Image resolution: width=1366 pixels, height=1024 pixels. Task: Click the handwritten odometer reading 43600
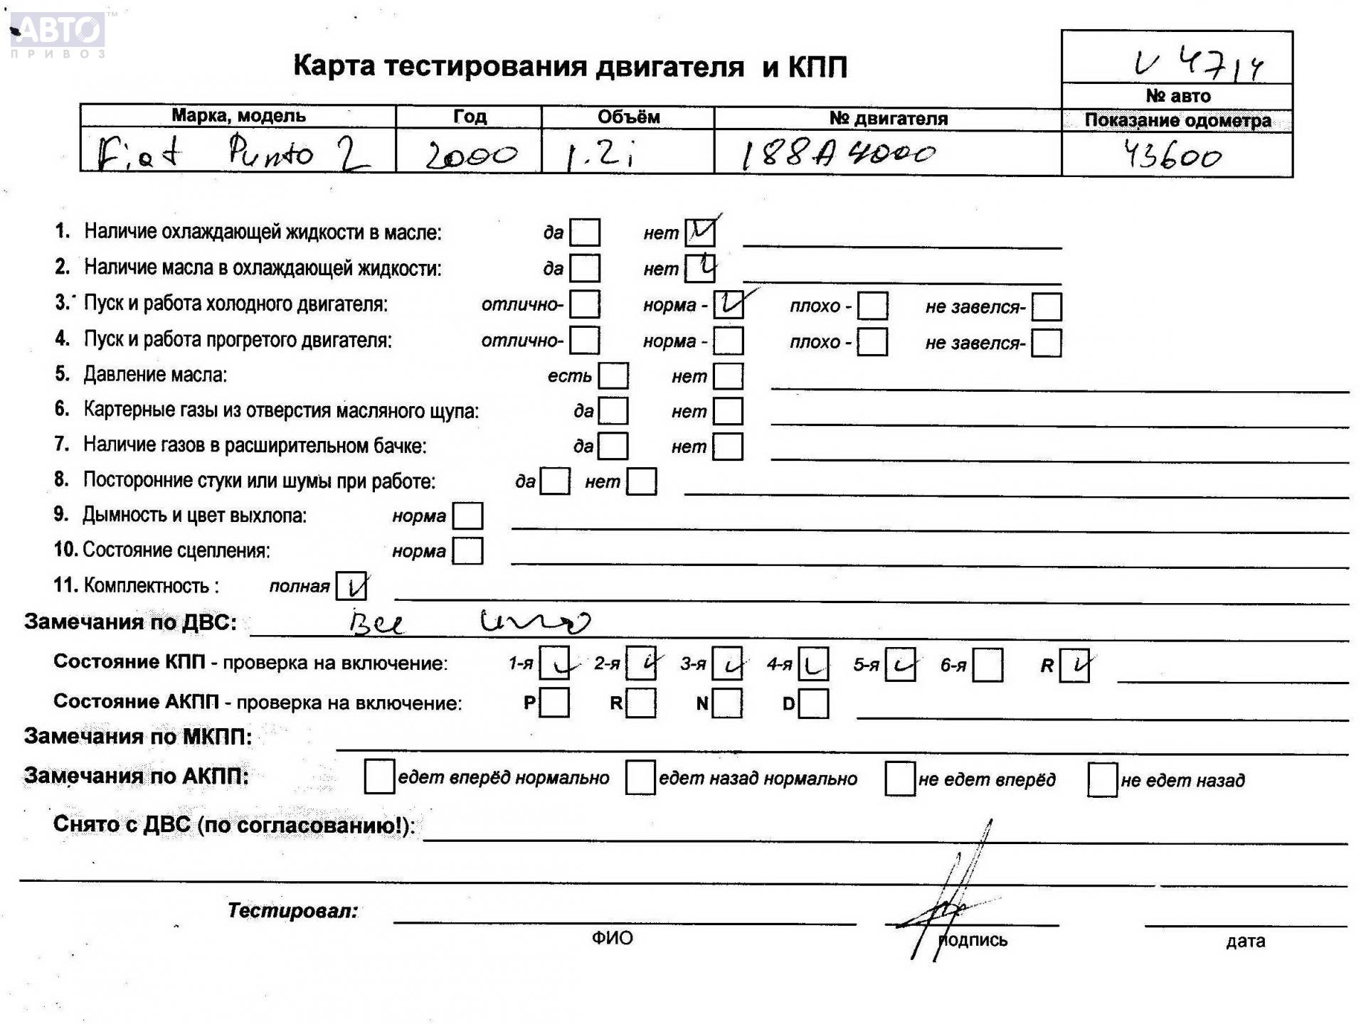click(1172, 154)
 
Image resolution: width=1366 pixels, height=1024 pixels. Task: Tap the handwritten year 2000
click(471, 154)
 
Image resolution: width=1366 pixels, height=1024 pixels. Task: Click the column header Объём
click(628, 117)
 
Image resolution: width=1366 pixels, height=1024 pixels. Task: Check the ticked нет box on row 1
click(700, 232)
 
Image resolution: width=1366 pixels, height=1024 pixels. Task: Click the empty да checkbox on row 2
click(585, 268)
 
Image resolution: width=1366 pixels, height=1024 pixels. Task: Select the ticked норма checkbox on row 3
click(729, 304)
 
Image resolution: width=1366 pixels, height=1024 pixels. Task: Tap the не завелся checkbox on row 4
click(1046, 343)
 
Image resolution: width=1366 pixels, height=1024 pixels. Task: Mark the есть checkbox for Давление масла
click(613, 376)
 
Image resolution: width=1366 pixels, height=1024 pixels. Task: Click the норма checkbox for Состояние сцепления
click(467, 550)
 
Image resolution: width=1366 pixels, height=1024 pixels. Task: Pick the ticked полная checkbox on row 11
click(351, 586)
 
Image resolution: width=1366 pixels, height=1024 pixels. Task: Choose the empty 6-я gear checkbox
click(987, 665)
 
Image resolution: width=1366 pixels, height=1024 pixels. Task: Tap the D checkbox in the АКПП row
click(813, 704)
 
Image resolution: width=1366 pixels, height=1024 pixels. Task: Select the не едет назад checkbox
click(1102, 780)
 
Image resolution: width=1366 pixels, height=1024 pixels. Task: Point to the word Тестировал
click(292, 911)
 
